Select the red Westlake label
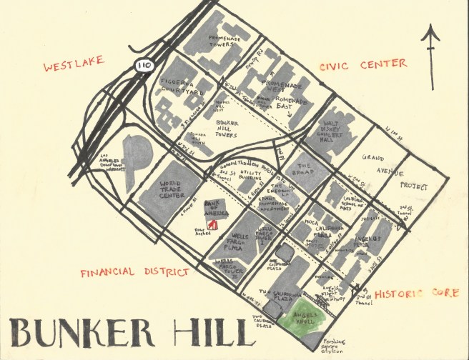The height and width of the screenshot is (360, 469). coord(75,69)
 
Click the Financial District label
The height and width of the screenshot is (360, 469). coord(134,273)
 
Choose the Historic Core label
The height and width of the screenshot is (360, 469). coord(415,293)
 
